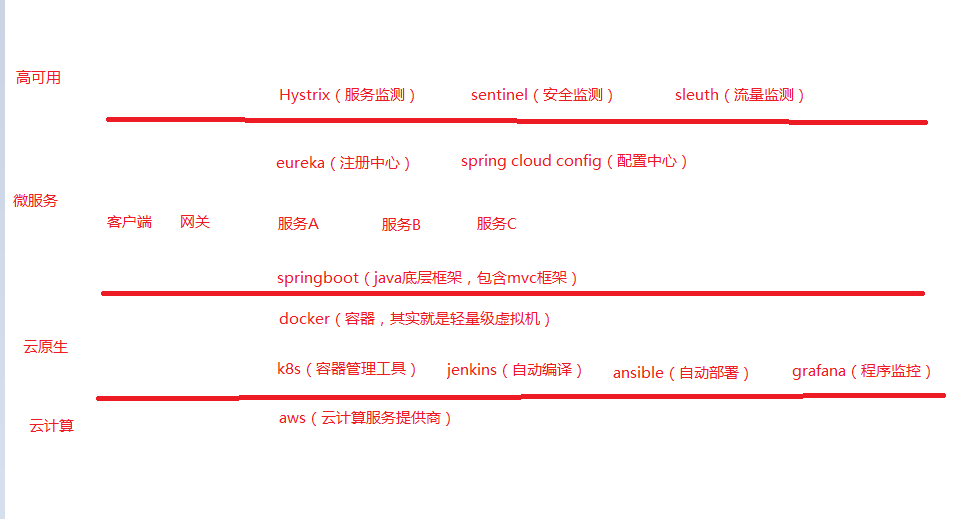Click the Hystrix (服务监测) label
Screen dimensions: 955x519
pos(347,95)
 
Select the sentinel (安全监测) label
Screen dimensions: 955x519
pos(542,95)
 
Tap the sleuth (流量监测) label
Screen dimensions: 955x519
pos(740,95)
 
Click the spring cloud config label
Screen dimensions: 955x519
pos(574,161)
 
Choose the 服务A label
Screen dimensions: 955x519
pos(298,224)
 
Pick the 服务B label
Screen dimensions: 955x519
pos(401,225)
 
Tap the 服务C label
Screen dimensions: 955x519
pos(496,224)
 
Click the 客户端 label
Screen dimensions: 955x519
pos(129,222)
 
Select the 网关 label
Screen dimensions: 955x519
pos(195,222)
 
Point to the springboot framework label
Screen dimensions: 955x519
pos(428,278)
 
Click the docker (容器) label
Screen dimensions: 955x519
pos(415,319)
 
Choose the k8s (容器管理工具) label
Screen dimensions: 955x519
pos(347,369)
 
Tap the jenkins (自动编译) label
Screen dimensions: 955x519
pos(515,370)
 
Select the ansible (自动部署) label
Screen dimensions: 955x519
pos(681,373)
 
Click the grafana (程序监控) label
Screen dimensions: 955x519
pos(862,371)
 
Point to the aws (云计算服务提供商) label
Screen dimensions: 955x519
pos(366,418)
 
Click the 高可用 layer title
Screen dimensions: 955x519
pos(38,78)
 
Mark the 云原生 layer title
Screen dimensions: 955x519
pos(45,347)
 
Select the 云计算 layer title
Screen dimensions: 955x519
pos(51,426)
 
